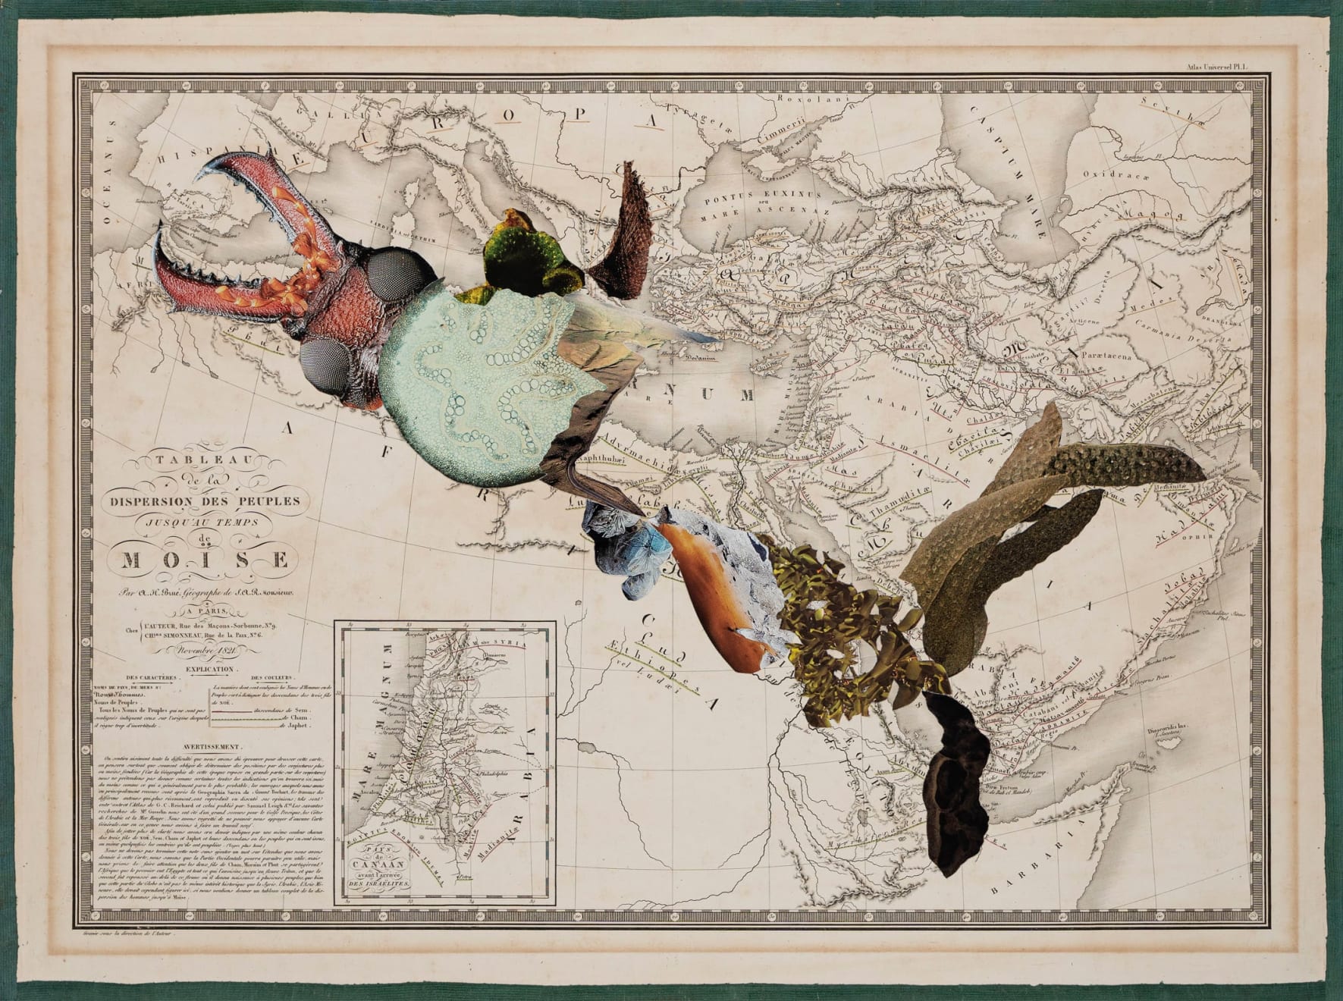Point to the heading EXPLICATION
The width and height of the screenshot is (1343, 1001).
click(205, 670)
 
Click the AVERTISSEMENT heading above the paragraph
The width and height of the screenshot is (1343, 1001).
click(204, 746)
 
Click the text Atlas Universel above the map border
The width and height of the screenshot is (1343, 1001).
click(1228, 67)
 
